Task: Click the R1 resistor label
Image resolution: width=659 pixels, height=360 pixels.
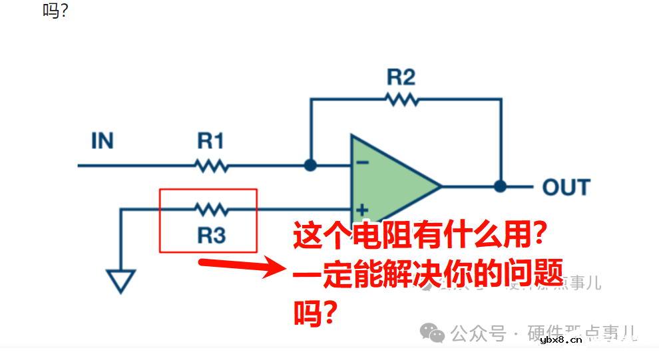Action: tap(210, 141)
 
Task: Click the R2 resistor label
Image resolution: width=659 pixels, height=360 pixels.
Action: tap(401, 78)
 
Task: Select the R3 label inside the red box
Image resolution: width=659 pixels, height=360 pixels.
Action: tap(211, 236)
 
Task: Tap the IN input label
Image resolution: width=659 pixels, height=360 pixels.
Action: tap(102, 141)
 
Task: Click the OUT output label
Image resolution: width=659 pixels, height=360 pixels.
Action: tap(566, 188)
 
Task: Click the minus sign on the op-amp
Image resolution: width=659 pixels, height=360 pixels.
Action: tap(361, 162)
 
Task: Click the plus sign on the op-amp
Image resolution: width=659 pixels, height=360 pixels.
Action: tap(362, 208)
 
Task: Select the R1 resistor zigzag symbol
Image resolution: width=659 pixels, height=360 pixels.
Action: tap(211, 165)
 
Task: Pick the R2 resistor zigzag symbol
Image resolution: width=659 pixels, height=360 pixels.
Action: tap(401, 99)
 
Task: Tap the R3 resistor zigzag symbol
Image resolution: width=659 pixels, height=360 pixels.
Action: tap(211, 210)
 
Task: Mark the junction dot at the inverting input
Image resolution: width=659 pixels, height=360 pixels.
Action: tap(310, 165)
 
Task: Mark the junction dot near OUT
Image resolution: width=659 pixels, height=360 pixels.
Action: tap(501, 187)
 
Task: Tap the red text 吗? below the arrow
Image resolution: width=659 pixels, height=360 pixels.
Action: tap(314, 311)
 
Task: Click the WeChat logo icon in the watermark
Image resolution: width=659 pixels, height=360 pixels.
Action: tap(436, 332)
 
